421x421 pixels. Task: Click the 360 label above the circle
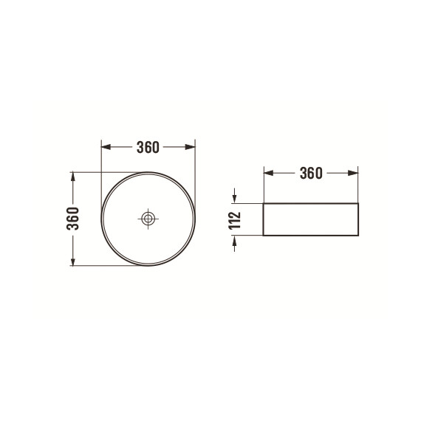coord(148,147)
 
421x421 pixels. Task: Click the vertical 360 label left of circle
coord(73,219)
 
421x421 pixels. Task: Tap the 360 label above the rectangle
coord(311,173)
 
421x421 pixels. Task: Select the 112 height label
coord(234,220)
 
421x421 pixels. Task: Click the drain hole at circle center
coord(148,219)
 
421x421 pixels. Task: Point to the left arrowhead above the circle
coord(106,147)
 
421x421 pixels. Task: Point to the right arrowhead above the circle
coord(191,147)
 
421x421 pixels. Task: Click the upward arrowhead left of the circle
coord(73,177)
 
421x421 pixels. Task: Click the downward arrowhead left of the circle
coord(73,261)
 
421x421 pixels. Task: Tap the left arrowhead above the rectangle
coord(269,173)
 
